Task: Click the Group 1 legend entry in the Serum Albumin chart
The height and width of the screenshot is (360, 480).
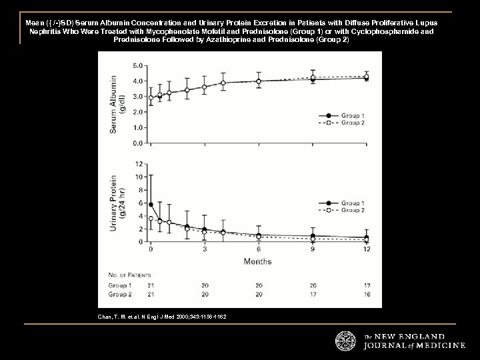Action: [x=352, y=115]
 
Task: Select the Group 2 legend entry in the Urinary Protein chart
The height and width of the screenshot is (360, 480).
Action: [x=352, y=210]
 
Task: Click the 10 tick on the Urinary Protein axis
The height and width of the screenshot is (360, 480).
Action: [x=137, y=177]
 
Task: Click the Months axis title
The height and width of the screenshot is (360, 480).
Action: [x=257, y=261]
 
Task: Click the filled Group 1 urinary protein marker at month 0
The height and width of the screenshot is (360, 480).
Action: [x=151, y=205]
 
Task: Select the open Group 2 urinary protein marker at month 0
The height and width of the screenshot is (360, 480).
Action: [x=151, y=219]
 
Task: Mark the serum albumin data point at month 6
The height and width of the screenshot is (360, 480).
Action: [x=259, y=81]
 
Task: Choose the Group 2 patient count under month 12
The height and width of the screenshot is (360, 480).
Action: [x=367, y=293]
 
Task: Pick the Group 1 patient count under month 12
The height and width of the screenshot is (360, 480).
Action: [x=367, y=285]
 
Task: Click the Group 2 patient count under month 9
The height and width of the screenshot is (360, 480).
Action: [x=313, y=293]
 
